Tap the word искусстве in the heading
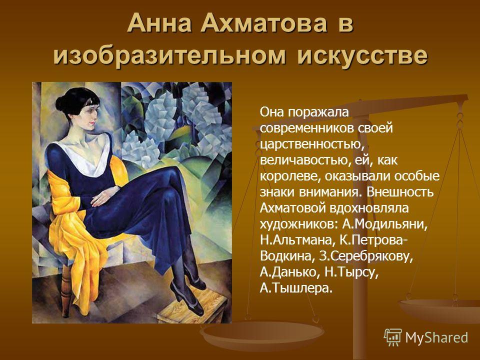tap(362, 56)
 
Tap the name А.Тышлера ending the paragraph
tap(296, 288)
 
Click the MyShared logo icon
tap(393, 337)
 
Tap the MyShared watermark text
tap(436, 337)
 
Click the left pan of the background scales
tap(261, 332)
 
